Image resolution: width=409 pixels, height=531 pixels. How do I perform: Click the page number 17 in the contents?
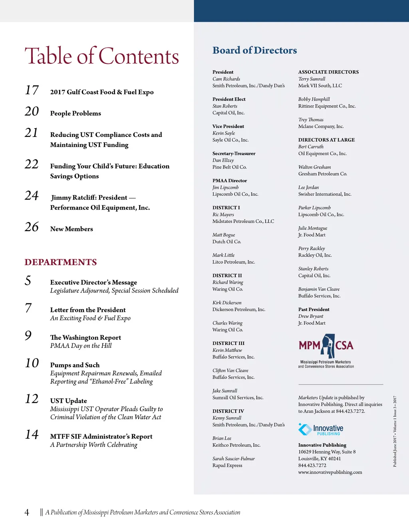pyautogui.click(x=32, y=90)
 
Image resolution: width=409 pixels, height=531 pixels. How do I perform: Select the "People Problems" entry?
pyautogui.click(x=75, y=113)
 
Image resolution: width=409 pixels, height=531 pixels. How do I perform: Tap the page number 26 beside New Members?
pyautogui.click(x=32, y=227)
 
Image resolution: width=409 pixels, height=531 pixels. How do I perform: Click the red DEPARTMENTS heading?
pyautogui.click(x=61, y=262)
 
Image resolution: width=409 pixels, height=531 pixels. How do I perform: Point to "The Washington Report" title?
pyautogui.click(x=85, y=337)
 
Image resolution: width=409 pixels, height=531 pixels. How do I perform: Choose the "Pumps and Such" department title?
pyautogui.click(x=75, y=365)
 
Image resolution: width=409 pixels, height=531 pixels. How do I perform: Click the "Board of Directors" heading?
pyautogui.click(x=254, y=50)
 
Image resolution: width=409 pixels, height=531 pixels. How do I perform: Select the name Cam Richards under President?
pyautogui.click(x=226, y=79)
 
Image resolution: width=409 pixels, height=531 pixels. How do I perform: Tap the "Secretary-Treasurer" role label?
pyautogui.click(x=234, y=153)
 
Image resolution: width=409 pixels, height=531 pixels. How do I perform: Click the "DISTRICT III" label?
pyautogui.click(x=228, y=343)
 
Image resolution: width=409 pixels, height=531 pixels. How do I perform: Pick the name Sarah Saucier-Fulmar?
pyautogui.click(x=233, y=459)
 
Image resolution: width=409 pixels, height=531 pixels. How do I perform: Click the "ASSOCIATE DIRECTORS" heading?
pyautogui.click(x=328, y=72)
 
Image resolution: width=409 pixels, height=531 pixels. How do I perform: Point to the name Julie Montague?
pyautogui.click(x=312, y=228)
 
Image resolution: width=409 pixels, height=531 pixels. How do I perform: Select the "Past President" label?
pyautogui.click(x=314, y=309)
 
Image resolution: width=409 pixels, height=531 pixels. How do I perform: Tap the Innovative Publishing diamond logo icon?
pyautogui.click(x=305, y=429)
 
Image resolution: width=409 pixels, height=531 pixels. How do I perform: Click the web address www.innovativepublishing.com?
pyautogui.click(x=330, y=472)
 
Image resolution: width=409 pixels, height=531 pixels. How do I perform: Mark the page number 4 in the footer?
pyautogui.click(x=27, y=513)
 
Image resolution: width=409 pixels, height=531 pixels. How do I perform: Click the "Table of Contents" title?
pyautogui.click(x=102, y=56)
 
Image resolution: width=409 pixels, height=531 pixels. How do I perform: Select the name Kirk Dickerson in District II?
pyautogui.click(x=227, y=303)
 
